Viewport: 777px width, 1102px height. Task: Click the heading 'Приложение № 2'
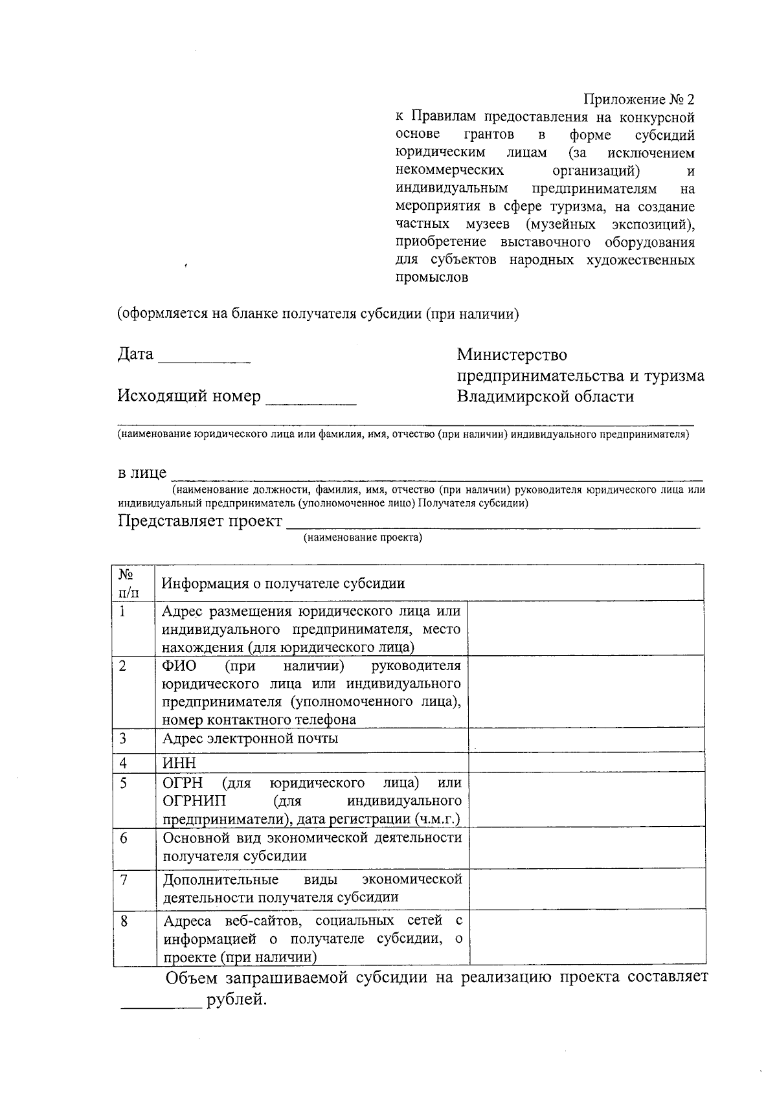638,100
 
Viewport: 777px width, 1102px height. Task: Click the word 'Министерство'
512,355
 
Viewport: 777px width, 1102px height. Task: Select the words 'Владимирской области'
545,396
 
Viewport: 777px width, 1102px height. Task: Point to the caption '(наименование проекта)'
363,537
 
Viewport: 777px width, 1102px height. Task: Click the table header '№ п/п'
128,583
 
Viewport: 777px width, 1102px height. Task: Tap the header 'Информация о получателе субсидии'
283,583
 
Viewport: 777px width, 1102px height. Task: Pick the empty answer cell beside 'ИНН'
586,763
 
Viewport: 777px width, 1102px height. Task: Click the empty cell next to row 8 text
587,938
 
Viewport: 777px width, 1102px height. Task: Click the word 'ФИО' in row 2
179,666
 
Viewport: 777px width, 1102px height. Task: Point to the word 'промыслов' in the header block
432,278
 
